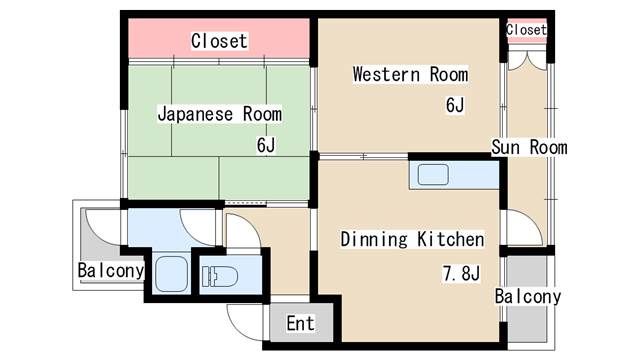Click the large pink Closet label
[219, 41]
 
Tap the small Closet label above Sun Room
[526, 30]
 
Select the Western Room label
[409, 74]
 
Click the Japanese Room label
[219, 114]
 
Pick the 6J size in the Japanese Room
[265, 144]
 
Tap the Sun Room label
[529, 148]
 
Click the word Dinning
[374, 240]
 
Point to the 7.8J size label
[461, 272]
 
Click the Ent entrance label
[300, 323]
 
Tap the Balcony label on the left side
[111, 271]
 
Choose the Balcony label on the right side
[528, 297]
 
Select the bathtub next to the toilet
[172, 270]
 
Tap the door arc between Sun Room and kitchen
[521, 228]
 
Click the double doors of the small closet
[527, 57]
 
